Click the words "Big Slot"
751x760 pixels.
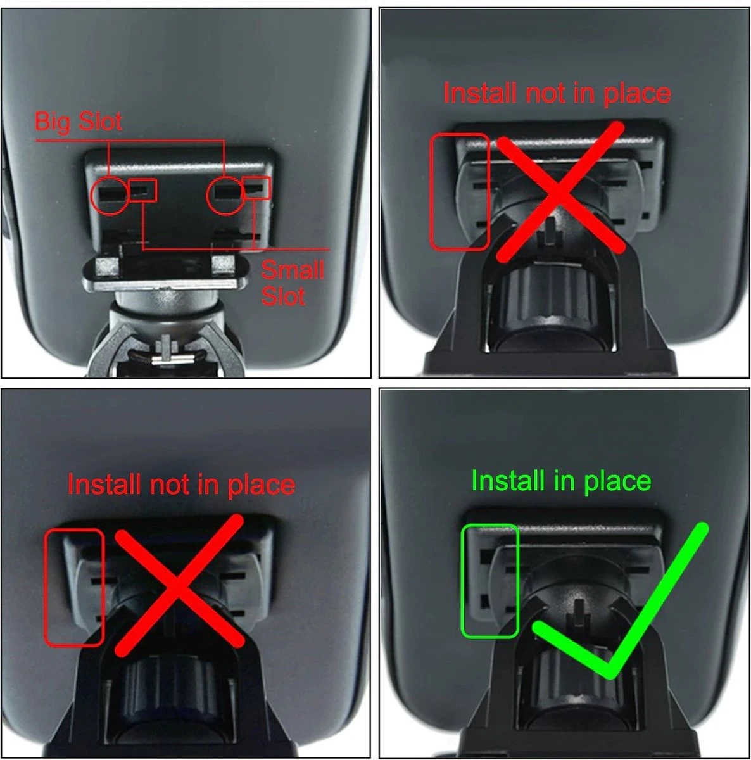coord(79,122)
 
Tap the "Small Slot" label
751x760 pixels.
coord(293,282)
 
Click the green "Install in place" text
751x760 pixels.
coord(561,481)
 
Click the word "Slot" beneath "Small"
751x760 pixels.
coord(283,296)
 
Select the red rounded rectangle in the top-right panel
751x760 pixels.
coord(431,192)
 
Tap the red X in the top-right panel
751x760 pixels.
coord(560,192)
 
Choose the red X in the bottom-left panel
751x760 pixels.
coord(179,585)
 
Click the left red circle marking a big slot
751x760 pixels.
coord(92,196)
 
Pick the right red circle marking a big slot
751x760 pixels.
coord(207,196)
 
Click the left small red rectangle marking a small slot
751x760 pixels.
coord(142,190)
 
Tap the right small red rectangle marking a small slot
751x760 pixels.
coord(256,187)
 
